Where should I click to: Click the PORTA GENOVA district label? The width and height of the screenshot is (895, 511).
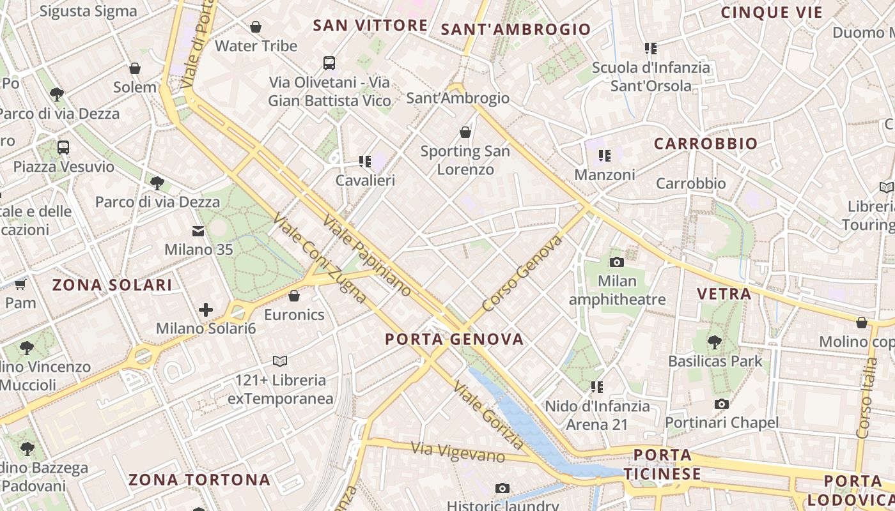coord(455,339)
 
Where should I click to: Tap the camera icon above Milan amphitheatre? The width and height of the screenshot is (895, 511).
coord(617,262)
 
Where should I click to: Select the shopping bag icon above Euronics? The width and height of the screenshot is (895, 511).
coord(294,296)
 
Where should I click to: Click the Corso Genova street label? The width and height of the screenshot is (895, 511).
coord(522,273)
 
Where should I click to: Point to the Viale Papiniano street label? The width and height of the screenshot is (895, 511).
coord(367,256)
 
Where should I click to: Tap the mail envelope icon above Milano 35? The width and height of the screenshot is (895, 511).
coord(198,231)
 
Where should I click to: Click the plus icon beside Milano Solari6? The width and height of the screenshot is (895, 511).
coord(206,310)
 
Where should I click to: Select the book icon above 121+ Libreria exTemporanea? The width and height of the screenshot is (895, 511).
coord(280,361)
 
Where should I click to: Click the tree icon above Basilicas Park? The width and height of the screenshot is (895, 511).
coord(715,342)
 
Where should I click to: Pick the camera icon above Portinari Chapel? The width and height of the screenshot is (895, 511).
coord(722,404)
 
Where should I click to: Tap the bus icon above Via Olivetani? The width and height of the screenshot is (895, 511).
coord(329,63)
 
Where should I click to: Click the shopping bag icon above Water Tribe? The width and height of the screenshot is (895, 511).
coord(256,27)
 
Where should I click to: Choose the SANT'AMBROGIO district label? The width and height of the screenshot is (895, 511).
coord(516,29)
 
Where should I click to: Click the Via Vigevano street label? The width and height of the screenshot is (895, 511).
coord(458,452)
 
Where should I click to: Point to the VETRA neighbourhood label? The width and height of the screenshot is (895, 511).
coord(724,294)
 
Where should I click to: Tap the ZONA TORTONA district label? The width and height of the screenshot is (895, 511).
coord(199,480)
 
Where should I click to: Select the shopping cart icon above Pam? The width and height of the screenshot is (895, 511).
coord(20,284)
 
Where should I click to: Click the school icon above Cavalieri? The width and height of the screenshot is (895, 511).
coord(365,162)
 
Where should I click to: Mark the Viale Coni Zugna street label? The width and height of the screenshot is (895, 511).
coord(319,259)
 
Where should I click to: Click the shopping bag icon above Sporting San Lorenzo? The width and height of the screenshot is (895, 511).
coord(465,132)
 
